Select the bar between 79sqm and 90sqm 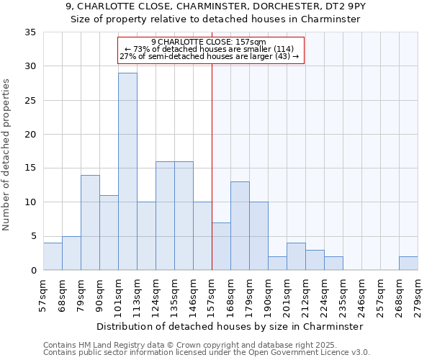[x=90, y=222]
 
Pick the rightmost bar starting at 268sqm [x=408, y=264]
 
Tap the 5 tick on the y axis [x=33, y=237]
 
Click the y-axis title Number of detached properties [x=7, y=155]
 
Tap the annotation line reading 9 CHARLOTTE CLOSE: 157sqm [x=209, y=42]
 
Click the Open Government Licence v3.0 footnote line [x=207, y=353]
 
